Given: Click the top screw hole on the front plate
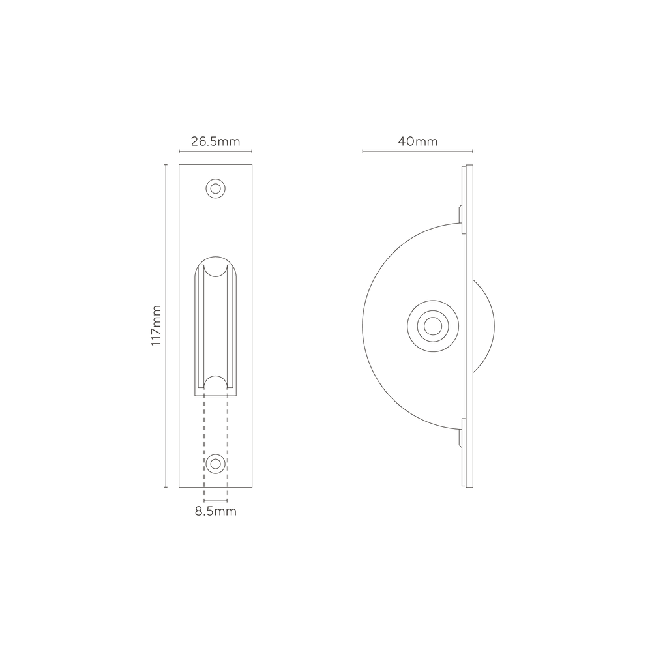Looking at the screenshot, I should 215,189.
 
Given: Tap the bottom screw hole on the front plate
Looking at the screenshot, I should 215,464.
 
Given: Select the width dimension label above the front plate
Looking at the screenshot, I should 215,141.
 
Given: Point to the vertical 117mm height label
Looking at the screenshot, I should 156,325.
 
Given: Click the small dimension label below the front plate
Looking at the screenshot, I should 216,512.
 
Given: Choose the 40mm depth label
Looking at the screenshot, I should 418,141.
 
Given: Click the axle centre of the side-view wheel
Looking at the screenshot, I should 430,323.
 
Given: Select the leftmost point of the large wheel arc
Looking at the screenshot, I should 362,324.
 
